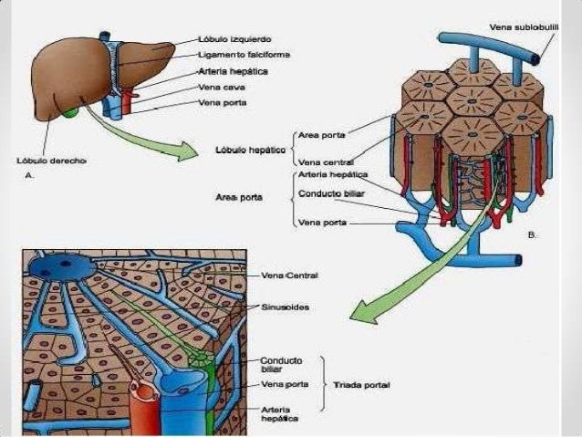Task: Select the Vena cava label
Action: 221,87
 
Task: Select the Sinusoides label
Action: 286,307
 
